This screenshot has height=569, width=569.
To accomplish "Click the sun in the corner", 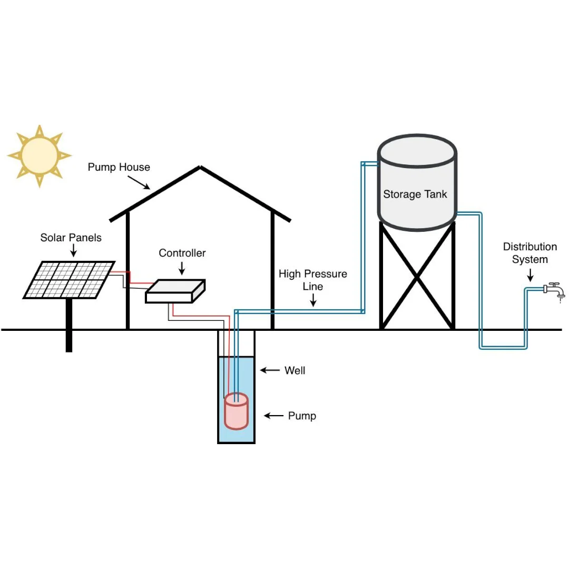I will click(40, 156).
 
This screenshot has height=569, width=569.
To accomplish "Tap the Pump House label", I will click(119, 168).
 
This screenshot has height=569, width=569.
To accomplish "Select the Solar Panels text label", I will click(71, 238).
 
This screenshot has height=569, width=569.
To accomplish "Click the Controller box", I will click(175, 291).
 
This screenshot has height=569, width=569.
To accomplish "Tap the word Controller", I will click(182, 253).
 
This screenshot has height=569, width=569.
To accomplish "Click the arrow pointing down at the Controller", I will click(182, 269).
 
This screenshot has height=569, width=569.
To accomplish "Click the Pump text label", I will click(302, 416).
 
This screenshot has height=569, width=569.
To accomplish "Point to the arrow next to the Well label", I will click(270, 371).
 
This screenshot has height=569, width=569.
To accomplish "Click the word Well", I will click(295, 371).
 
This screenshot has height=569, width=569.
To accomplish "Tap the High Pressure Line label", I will click(312, 280).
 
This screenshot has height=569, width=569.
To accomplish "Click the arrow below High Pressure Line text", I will click(313, 300).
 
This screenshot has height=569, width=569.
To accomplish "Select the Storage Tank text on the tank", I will click(415, 194).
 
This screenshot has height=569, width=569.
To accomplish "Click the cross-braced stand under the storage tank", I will click(417, 277).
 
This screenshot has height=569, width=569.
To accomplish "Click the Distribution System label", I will click(529, 253).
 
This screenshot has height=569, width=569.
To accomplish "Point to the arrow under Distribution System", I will click(530, 274).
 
